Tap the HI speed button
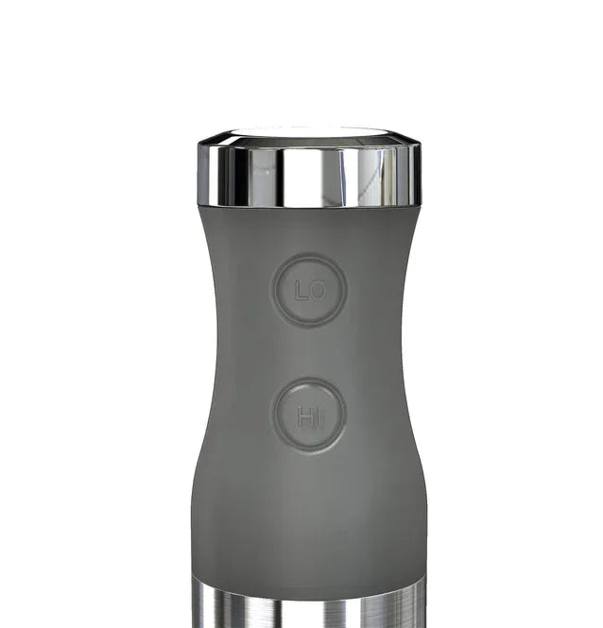point(308,415)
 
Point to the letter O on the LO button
point(318,291)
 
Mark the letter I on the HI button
point(318,416)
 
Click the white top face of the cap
point(308,133)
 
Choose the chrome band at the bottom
point(308,604)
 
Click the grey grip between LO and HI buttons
point(308,352)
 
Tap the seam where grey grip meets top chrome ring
point(308,208)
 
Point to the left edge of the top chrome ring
point(200,176)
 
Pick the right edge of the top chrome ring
point(418,176)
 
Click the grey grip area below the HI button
point(308,510)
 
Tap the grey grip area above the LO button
point(308,231)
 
